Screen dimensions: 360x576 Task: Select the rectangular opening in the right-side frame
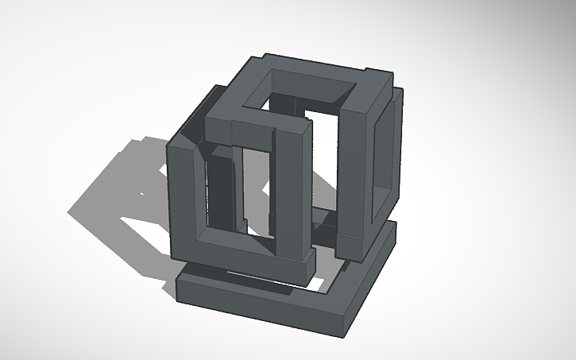pos(385,155)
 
